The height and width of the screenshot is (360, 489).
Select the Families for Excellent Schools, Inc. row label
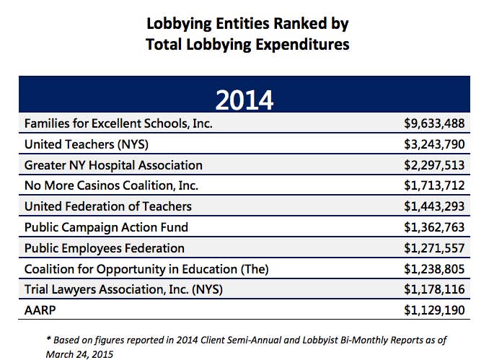tap(118, 123)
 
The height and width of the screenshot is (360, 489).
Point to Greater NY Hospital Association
tap(113, 165)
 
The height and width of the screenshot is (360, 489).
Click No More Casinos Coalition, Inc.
tap(110, 186)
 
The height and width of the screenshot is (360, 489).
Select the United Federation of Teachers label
tap(108, 206)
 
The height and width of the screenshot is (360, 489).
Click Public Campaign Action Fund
tap(106, 227)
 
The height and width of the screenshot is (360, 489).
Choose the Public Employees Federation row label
tap(105, 248)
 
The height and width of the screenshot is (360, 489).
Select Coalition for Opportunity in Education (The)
tap(146, 269)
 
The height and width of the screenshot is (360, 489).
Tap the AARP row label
tap(40, 311)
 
